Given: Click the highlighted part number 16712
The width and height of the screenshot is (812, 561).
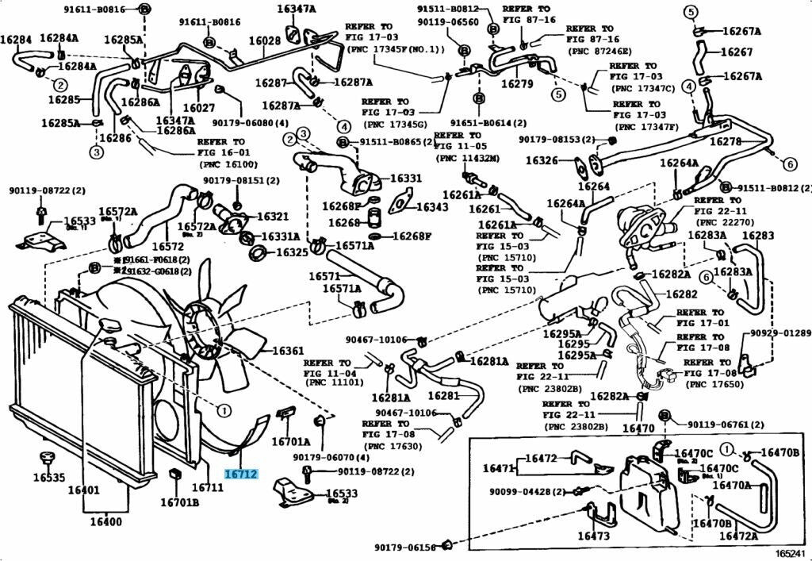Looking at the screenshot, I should [241, 475].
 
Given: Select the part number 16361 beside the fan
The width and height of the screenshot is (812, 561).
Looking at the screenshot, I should [289, 351].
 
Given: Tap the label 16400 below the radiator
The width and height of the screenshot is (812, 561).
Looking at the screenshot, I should [105, 521].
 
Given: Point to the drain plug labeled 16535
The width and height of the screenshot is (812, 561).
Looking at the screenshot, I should [48, 477].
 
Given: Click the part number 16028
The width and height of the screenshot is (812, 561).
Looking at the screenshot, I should [265, 41].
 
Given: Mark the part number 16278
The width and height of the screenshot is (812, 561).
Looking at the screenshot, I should [725, 141].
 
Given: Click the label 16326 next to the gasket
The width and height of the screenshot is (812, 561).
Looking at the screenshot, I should [543, 161].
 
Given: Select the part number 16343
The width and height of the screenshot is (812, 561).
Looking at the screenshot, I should [432, 207].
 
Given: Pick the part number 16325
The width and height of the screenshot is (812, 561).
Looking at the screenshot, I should [291, 253].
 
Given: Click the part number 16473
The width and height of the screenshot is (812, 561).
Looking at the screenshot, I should [593, 536].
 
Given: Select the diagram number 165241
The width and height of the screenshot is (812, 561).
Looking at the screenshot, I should [790, 553].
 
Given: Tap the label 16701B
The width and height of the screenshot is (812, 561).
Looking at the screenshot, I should [179, 501].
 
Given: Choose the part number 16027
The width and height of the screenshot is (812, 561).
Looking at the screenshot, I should [199, 108].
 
